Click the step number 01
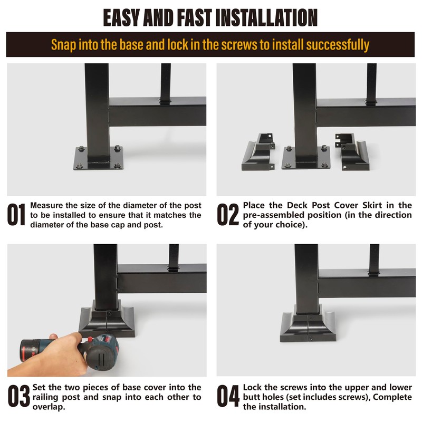pos(16,214)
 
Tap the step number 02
pos(228,214)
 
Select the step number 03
pos(18,396)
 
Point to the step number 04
pos(228,396)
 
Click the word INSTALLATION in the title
pos(266,18)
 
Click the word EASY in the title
pos(121,18)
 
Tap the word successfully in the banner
pos(338,45)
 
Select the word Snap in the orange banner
pos(63,45)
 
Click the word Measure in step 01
pos(46,205)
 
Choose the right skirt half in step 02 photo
pos(352,151)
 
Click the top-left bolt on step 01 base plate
pos(81,149)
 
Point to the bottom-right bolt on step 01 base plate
pos(117,166)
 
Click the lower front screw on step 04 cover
pos(310,338)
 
